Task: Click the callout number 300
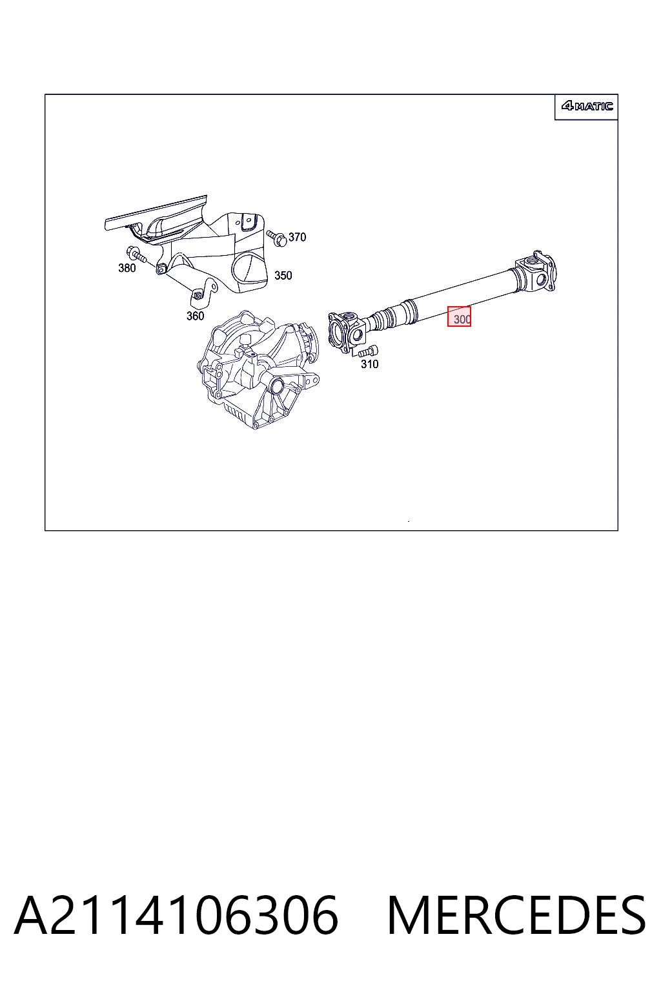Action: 462,319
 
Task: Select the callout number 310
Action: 370,364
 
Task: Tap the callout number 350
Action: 283,276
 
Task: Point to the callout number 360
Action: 195,316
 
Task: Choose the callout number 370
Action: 297,238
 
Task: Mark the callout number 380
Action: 127,268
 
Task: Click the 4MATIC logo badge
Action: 587,106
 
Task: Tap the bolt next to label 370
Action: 277,238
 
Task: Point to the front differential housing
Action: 259,370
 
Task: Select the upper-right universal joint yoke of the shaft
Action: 535,274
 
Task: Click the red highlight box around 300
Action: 459,316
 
